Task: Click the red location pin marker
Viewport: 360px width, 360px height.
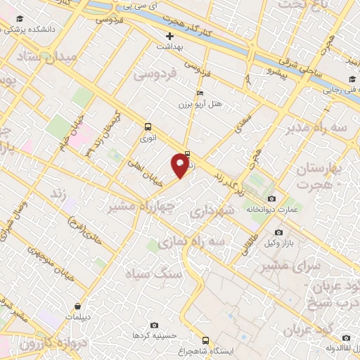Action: pyautogui.click(x=181, y=166)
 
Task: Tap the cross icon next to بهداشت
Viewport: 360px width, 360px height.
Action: pyautogui.click(x=169, y=36)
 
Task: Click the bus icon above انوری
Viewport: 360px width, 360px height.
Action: pyautogui.click(x=148, y=127)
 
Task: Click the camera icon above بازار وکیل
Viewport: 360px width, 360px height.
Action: pyautogui.click(x=279, y=232)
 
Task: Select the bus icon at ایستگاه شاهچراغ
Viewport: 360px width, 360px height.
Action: pyautogui.click(x=205, y=339)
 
